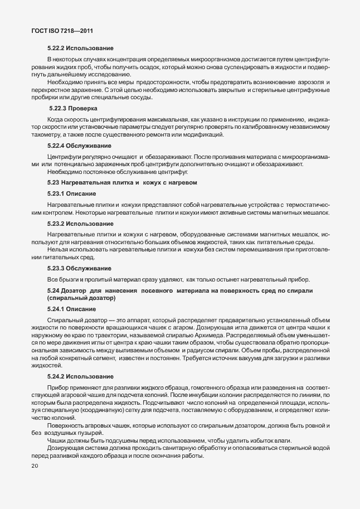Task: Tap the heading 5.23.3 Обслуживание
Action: pyautogui.click(x=79, y=269)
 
